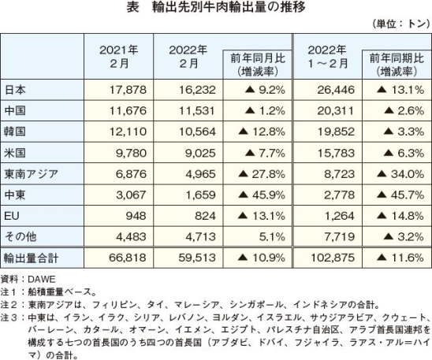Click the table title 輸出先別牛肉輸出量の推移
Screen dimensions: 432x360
tap(229, 7)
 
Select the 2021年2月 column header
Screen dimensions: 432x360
tap(119, 57)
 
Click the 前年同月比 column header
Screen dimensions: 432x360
tap(258, 65)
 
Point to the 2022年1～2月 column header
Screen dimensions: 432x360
tap(327, 57)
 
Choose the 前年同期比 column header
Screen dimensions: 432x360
tap(397, 65)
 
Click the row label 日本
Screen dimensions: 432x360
tap(16, 90)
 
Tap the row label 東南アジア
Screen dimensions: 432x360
tap(31, 174)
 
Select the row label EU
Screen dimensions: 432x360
tap(12, 216)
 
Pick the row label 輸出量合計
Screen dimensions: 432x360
tap(31, 258)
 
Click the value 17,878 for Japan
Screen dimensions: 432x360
tap(128, 90)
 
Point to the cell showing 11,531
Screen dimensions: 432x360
tap(197, 111)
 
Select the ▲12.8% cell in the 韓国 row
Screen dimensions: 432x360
tap(262, 132)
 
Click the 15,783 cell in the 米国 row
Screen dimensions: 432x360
tap(336, 153)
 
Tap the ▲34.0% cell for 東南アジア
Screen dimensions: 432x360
tap(400, 174)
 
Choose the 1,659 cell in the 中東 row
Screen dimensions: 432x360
tap(200, 195)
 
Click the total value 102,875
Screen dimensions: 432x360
tap(333, 258)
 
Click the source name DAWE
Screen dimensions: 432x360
tap(42, 280)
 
